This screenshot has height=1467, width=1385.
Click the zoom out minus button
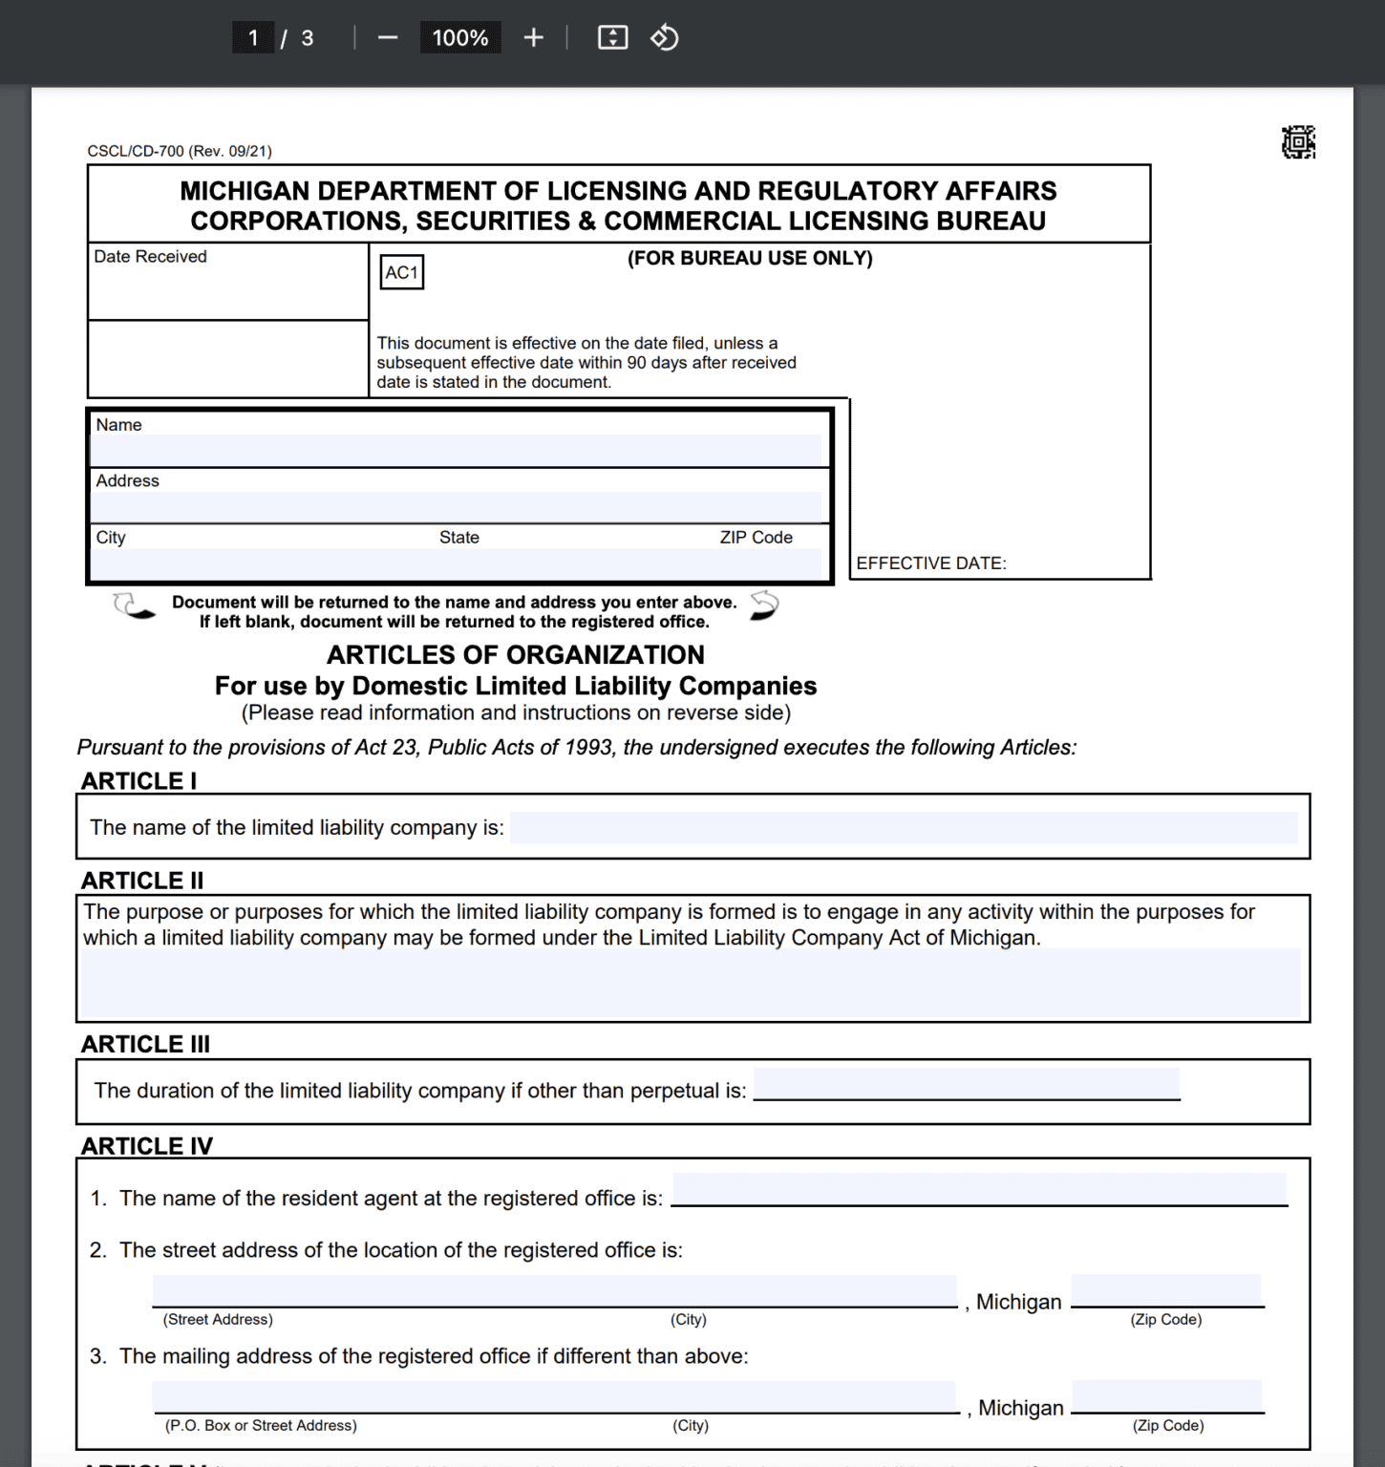pos(387,38)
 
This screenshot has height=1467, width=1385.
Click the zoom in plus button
pos(533,38)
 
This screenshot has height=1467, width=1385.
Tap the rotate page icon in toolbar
pos(664,38)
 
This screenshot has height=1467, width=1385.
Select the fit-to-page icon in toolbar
pos(612,38)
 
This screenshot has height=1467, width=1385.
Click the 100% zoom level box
pos(460,38)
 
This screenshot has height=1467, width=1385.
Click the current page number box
pos(253,38)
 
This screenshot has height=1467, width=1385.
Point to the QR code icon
pos(1298,142)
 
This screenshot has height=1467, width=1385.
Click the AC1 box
pos(401,272)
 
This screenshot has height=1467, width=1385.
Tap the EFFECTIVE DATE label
pos(931,563)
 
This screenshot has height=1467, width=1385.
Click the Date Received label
pos(150,257)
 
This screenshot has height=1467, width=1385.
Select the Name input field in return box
pos(457,450)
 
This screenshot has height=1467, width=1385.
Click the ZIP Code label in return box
pos(756,538)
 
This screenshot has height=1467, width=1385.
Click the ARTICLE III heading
pos(145,1044)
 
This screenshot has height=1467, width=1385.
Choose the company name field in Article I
pos(903,827)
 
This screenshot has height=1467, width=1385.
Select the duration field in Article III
pos(966,1085)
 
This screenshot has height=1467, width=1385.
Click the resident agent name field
pos(979,1190)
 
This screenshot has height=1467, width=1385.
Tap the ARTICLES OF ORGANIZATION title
pos(516,655)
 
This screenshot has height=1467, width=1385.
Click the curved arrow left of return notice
pos(134,606)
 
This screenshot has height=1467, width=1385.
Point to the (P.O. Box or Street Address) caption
pos(261,1425)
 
